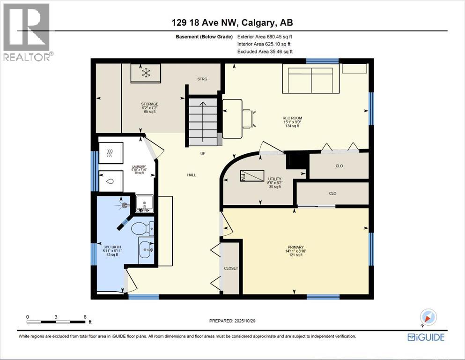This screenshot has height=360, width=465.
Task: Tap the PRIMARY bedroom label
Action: pyautogui.click(x=296, y=247)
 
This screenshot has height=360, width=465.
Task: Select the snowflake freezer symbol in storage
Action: pyautogui.click(x=146, y=73)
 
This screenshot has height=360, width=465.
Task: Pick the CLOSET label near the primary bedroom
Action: pyautogui.click(x=231, y=268)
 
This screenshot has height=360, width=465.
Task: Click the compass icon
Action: pyautogui.click(x=428, y=318)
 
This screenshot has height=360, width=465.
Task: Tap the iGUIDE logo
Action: pyautogui.click(x=426, y=337)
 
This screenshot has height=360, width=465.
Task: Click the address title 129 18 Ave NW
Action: pyautogui.click(x=232, y=22)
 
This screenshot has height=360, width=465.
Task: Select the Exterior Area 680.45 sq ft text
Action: pyautogui.click(x=267, y=37)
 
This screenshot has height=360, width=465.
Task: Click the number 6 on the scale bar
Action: pyautogui.click(x=85, y=317)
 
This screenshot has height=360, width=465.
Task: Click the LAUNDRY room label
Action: pyautogui.click(x=139, y=166)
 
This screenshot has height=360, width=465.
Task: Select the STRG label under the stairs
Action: pyautogui.click(x=202, y=79)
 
